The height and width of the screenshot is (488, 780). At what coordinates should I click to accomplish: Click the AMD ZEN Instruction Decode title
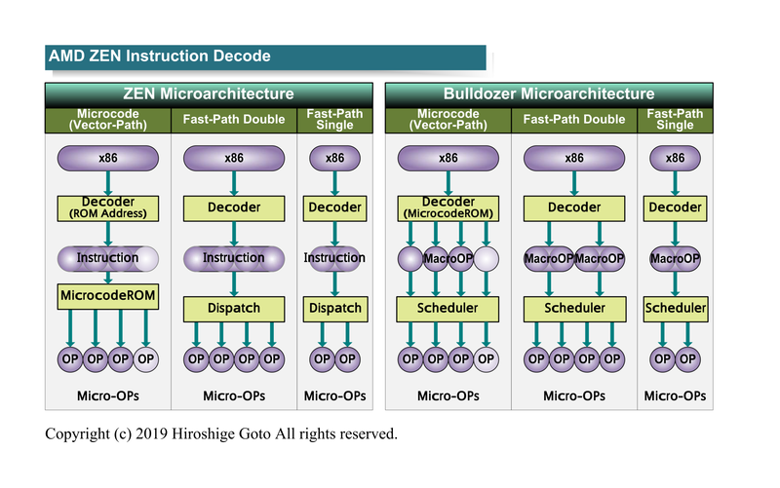tap(160, 56)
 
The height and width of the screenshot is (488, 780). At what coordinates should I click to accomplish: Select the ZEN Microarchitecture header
tap(209, 94)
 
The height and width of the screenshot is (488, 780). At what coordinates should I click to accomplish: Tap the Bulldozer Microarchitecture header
tap(549, 94)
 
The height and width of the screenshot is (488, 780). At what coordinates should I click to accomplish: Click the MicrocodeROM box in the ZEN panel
tap(107, 294)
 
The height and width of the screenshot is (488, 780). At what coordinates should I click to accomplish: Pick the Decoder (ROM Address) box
tap(107, 207)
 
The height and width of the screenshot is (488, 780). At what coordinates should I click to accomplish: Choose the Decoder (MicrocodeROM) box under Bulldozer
tap(448, 207)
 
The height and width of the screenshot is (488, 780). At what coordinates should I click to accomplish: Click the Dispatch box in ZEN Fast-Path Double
tap(234, 308)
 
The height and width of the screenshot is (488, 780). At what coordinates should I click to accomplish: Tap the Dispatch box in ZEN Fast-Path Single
tap(334, 308)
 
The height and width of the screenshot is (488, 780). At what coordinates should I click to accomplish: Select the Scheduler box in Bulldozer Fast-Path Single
tap(675, 308)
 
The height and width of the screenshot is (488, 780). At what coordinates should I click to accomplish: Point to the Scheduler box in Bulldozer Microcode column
tap(448, 308)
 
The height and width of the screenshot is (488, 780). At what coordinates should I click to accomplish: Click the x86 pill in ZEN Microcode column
tap(107, 158)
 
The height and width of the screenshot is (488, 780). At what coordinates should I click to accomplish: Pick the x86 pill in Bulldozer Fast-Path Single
tap(675, 158)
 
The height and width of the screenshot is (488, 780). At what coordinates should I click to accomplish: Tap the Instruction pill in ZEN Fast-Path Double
tap(234, 258)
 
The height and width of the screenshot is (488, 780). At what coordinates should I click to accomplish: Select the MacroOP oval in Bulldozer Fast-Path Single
tap(675, 258)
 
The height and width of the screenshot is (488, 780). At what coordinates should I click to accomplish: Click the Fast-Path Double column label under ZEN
tap(234, 120)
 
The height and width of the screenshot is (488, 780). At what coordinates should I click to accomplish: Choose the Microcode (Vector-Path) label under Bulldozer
tap(448, 120)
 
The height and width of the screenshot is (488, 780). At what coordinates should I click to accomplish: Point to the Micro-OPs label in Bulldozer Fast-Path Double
tap(574, 396)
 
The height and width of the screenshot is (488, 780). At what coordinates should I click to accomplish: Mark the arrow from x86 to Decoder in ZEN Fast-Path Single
tap(334, 183)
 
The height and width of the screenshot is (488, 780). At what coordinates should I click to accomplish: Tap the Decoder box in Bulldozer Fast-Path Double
tap(574, 207)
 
